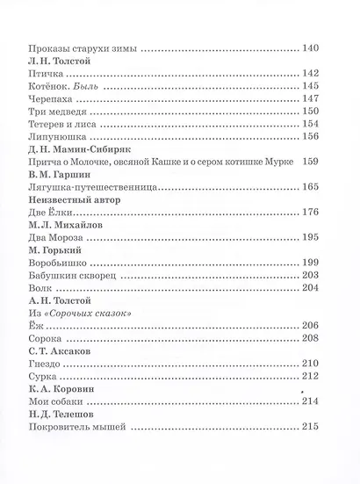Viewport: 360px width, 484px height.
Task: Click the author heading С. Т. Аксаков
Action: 59,430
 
